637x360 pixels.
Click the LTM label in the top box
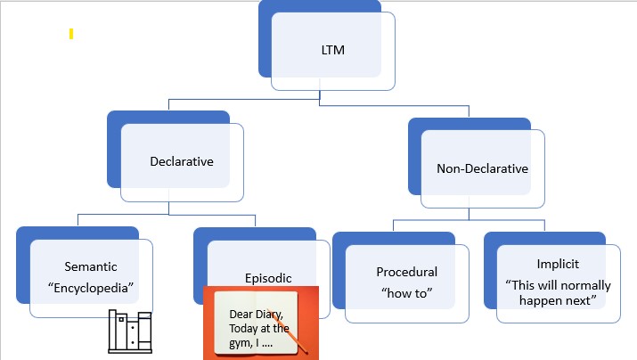tap(333, 50)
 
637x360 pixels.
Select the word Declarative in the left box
tap(182, 161)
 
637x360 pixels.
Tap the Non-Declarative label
tap(482, 168)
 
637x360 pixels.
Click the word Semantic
tap(90, 266)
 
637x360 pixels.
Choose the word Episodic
tap(268, 277)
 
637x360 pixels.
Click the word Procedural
tap(406, 272)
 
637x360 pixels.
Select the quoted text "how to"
tap(406, 292)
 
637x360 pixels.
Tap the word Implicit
tap(559, 265)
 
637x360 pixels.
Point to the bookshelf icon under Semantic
tap(130, 332)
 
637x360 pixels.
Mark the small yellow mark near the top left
tap(70, 34)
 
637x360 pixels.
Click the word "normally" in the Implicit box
tap(579, 285)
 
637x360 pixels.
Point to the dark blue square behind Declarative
tap(113, 147)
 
